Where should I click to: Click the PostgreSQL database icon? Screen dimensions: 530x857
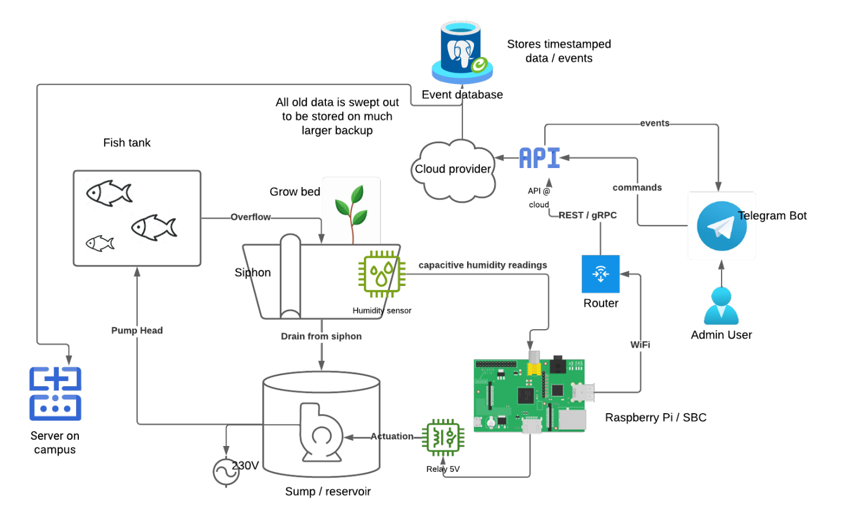click(x=462, y=52)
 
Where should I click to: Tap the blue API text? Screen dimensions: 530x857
click(x=539, y=158)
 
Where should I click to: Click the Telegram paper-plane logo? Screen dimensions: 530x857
click(x=721, y=226)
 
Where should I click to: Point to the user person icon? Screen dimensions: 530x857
click(x=721, y=306)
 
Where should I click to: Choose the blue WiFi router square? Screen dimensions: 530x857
click(x=601, y=274)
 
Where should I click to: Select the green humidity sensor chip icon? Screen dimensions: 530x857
click(x=381, y=274)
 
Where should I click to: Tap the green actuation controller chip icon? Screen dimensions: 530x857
click(x=443, y=437)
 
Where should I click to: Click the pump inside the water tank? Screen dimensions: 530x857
click(x=320, y=433)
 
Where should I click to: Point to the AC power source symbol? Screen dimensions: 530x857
click(x=226, y=472)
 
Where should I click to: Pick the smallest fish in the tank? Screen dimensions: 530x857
click(x=100, y=243)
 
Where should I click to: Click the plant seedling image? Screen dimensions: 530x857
click(x=351, y=211)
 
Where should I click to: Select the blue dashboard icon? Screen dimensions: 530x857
click(x=55, y=394)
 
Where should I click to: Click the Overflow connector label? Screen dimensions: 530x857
click(x=251, y=217)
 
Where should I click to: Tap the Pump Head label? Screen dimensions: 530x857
click(x=136, y=330)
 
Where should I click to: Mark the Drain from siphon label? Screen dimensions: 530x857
click(x=321, y=336)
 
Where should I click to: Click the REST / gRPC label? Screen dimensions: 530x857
click(x=587, y=215)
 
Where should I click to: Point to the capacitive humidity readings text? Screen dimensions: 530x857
click(x=483, y=265)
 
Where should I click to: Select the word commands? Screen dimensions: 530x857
click(x=637, y=188)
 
